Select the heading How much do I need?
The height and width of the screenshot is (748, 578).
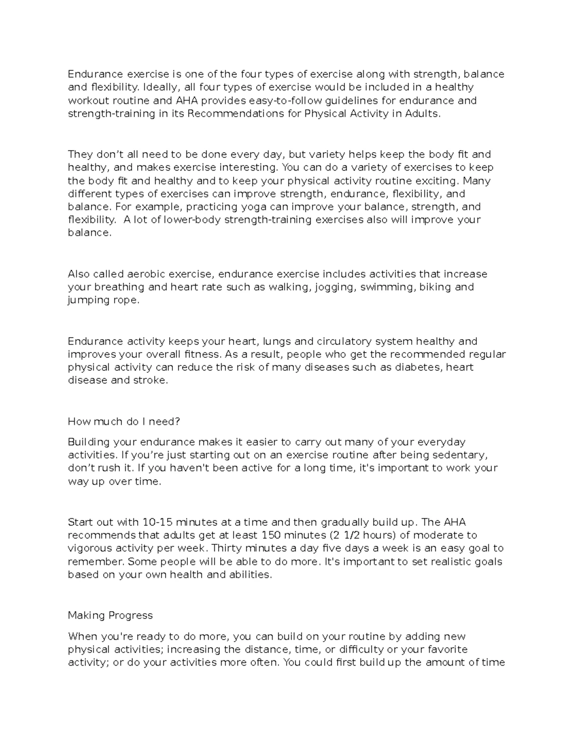tap(124, 421)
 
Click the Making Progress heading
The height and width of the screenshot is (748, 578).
tap(110, 615)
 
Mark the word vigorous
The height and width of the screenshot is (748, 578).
tap(90, 549)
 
